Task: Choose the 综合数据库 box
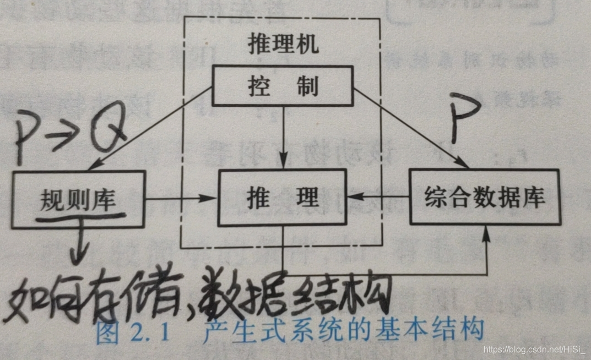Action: click(x=484, y=196)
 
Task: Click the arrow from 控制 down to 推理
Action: click(x=283, y=138)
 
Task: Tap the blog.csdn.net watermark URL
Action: click(x=534, y=349)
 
